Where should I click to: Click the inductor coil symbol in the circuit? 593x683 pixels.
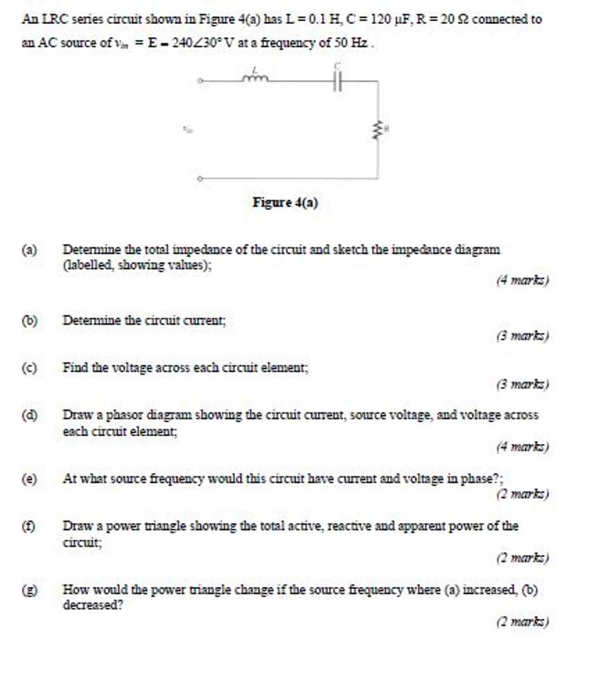[256, 79]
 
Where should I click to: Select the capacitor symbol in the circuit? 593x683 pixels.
[338, 81]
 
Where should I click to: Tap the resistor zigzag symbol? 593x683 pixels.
[378, 131]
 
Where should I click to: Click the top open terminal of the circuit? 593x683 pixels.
[199, 81]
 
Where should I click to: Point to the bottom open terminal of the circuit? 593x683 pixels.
[199, 179]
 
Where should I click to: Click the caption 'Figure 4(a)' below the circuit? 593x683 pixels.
[285, 202]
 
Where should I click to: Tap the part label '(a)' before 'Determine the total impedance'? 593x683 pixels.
[29, 251]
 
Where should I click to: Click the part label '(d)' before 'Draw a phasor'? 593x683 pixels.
[29, 416]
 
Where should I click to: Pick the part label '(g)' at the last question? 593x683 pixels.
[29, 590]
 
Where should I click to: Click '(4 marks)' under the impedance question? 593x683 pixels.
[522, 281]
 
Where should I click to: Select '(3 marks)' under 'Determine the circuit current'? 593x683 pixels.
[522, 337]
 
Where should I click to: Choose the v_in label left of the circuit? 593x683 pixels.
[188, 131]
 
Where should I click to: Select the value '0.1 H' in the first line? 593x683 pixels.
[311, 19]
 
